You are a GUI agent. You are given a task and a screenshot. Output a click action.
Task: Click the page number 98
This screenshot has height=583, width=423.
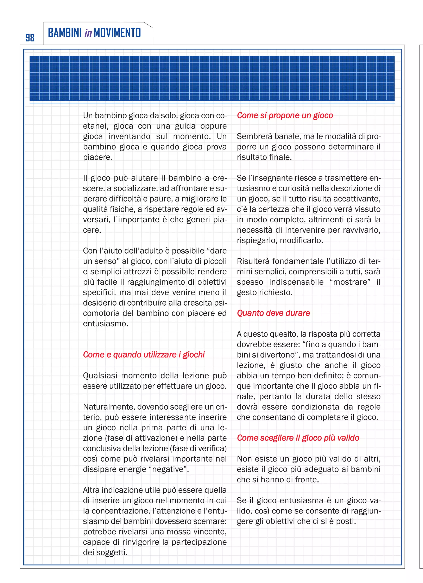(30, 38)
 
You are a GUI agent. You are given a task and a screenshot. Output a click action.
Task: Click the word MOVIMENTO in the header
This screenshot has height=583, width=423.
(117, 33)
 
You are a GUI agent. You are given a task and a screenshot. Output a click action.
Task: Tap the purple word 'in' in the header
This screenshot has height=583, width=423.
(88, 33)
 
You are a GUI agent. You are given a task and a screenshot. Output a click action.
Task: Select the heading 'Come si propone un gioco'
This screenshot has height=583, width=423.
(285, 115)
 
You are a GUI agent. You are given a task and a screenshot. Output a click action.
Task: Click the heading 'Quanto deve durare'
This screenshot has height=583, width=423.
(273, 313)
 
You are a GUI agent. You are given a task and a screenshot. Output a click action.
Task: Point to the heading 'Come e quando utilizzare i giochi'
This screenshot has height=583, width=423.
(144, 355)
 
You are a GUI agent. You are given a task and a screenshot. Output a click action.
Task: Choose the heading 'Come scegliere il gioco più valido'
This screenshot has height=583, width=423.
(298, 438)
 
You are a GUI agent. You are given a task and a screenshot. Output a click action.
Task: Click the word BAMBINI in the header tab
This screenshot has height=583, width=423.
(65, 33)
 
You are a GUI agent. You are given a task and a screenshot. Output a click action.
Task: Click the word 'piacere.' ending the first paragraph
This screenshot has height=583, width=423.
(97, 157)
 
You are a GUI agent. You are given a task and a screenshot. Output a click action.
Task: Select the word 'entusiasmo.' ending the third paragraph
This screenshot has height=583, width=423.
(106, 324)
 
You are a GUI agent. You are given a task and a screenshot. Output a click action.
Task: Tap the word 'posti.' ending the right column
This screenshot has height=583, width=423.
(346, 521)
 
